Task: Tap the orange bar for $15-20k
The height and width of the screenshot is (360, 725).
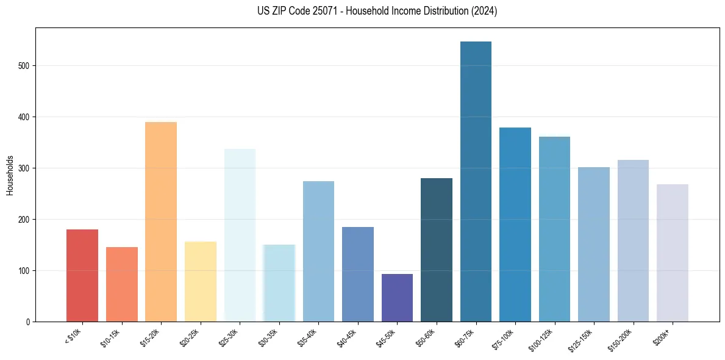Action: click(x=161, y=222)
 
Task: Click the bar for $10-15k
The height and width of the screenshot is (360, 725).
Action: click(x=122, y=284)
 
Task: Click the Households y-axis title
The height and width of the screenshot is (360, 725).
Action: click(x=10, y=175)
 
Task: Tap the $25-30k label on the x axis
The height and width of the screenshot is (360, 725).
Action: click(x=229, y=338)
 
